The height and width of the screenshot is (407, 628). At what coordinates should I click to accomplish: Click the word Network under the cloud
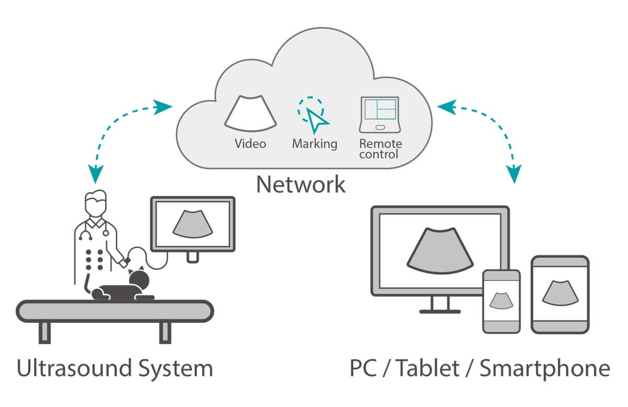[300, 185]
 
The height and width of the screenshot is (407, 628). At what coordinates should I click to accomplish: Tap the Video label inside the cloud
[250, 143]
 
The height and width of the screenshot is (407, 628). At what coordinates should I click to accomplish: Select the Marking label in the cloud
[315, 143]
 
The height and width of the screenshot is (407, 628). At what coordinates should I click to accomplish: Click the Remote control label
[380, 149]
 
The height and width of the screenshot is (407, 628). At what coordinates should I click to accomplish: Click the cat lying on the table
[126, 289]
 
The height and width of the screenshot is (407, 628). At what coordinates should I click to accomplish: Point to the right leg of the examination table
[165, 332]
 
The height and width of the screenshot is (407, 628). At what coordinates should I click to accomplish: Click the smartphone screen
[501, 300]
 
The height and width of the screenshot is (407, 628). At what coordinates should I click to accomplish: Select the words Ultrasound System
[115, 368]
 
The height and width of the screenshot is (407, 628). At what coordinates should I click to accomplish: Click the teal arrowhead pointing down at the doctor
[96, 174]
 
